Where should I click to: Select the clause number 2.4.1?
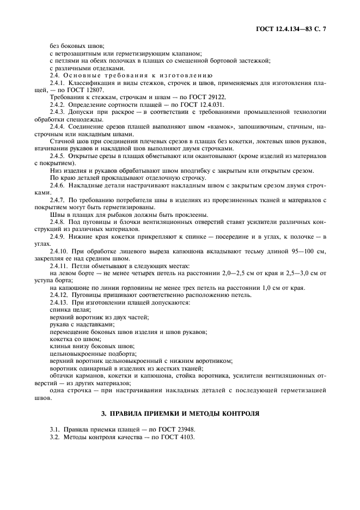(x=59, y=82)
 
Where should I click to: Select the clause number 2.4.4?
(x=59, y=127)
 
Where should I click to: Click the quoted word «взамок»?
(x=214, y=127)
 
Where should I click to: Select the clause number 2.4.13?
(x=60, y=303)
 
